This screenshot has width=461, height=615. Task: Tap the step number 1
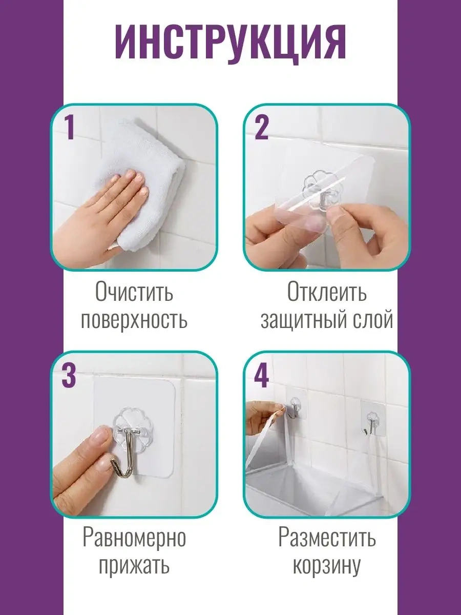coord(70,128)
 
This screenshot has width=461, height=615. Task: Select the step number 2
coord(261,128)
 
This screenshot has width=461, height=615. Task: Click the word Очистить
coord(134,292)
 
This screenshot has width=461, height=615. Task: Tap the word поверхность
coord(134,320)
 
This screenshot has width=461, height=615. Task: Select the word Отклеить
coord(327,292)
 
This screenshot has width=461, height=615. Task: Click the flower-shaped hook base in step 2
coord(322,185)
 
